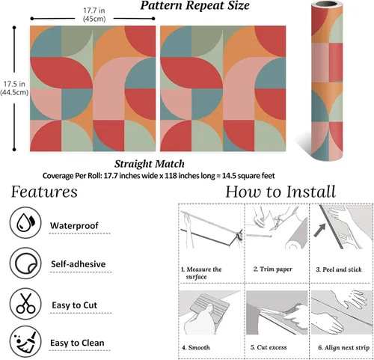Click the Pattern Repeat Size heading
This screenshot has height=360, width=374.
[x=194, y=6]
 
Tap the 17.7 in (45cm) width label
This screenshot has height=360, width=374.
[x=94, y=15]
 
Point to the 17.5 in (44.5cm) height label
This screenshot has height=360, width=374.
[x=14, y=88]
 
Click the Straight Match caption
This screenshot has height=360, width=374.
[x=150, y=164]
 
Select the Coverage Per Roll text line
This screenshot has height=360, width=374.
[x=159, y=176]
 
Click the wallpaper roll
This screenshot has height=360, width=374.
[x=327, y=81]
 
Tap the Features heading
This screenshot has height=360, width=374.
[x=44, y=192]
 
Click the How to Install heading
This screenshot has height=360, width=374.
[x=280, y=192]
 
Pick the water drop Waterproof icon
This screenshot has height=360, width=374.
[x=25, y=222]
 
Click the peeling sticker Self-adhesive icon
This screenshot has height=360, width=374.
[x=25, y=263]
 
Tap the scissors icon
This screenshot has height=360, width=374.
[x=25, y=304]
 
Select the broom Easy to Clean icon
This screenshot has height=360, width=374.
[x=25, y=341]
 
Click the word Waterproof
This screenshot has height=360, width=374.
[x=74, y=225]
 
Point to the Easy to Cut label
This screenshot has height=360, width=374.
[x=74, y=305]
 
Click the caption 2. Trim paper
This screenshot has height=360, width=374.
[x=273, y=269]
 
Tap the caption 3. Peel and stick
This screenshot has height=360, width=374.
[x=339, y=269]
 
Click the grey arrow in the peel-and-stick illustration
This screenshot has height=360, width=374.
[x=320, y=230]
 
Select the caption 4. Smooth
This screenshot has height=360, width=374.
[x=196, y=347]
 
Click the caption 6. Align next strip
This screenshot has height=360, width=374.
[x=343, y=347]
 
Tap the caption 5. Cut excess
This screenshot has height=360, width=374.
[x=269, y=347]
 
